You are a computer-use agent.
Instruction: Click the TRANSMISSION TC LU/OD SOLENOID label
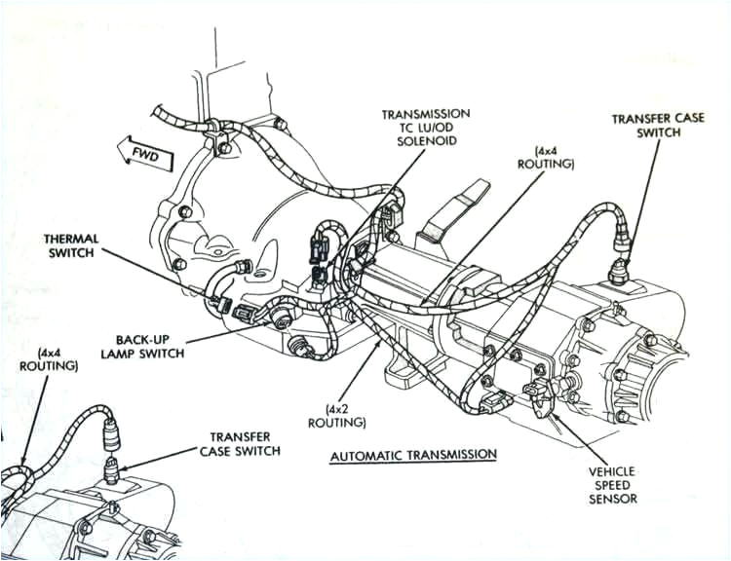[x=426, y=128]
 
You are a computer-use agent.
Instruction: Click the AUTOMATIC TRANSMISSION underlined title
[x=413, y=455]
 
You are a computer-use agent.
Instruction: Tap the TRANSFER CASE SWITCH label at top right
[x=645, y=126]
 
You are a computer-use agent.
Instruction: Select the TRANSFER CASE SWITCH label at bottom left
[x=240, y=444]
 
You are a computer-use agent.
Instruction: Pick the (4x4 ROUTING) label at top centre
[x=553, y=158]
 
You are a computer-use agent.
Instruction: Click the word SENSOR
[x=613, y=499]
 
